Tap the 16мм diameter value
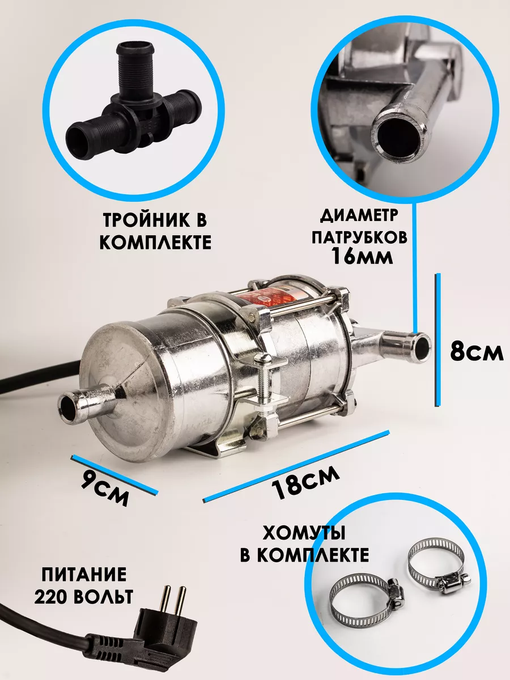click(x=362, y=257)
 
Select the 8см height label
click(x=477, y=352)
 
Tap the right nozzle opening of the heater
click(x=423, y=347)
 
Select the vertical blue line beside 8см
click(x=437, y=339)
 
